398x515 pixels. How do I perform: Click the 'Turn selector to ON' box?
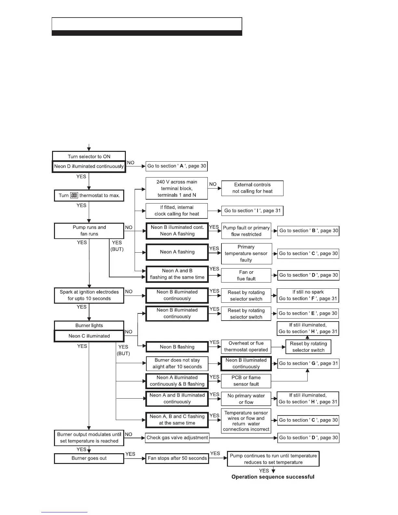(89, 156)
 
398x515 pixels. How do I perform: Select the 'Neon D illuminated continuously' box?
(89, 166)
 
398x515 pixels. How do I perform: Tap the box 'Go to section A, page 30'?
(177, 166)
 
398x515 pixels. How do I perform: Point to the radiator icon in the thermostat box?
(74, 195)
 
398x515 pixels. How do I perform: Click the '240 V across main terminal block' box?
(177, 189)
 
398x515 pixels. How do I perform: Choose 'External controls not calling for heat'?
(252, 188)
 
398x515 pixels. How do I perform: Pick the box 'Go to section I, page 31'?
(252, 211)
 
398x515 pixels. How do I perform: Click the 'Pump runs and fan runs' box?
(89, 231)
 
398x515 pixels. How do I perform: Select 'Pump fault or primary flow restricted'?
(246, 231)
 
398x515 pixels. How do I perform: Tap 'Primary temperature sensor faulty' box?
(246, 254)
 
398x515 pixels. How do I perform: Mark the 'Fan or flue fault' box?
(246, 275)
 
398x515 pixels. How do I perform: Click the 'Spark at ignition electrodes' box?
(89, 296)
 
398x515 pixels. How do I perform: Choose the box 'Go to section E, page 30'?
(308, 313)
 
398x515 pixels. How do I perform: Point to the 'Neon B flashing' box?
(177, 347)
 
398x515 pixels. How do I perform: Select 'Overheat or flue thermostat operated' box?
(246, 347)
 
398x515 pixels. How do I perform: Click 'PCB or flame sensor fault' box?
(246, 381)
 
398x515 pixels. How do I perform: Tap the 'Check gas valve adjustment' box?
(177, 438)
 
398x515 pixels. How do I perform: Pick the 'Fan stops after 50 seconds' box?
(177, 458)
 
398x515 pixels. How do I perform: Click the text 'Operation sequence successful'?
(273, 477)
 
